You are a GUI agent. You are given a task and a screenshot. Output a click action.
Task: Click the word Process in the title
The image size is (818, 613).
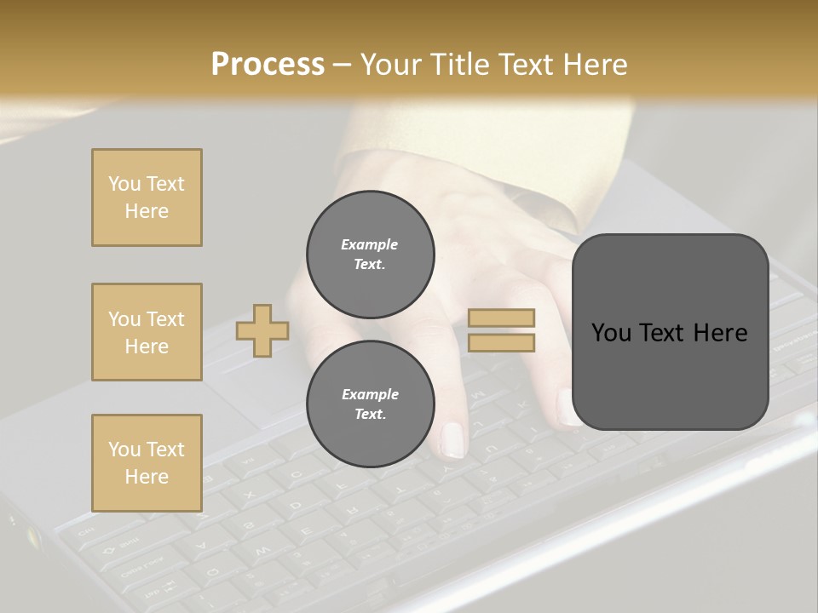268,65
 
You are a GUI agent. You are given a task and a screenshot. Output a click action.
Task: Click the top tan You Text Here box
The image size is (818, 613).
147,198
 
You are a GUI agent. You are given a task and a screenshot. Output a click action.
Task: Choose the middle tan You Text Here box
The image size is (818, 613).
147,332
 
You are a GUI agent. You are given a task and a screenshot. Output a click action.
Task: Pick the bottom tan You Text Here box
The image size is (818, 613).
147,463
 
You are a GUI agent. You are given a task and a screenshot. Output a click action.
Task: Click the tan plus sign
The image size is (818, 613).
262,330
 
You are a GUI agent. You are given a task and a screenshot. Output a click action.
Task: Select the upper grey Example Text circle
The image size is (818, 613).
370,254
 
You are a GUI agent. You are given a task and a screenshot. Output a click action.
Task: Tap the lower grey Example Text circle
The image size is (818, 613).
370,404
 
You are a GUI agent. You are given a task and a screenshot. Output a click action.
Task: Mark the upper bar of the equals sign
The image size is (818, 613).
501,318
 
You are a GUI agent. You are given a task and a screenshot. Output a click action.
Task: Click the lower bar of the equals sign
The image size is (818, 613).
501,342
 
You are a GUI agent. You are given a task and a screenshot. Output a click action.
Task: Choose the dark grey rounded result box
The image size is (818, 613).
670,332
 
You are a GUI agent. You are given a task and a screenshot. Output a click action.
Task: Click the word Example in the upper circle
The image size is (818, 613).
370,244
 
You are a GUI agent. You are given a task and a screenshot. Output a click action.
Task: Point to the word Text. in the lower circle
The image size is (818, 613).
370,414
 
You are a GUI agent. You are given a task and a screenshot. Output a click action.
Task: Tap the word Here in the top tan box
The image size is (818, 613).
147,211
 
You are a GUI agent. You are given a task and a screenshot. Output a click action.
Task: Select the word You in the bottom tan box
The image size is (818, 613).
124,449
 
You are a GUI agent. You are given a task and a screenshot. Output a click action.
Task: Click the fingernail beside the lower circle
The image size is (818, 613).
452,440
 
